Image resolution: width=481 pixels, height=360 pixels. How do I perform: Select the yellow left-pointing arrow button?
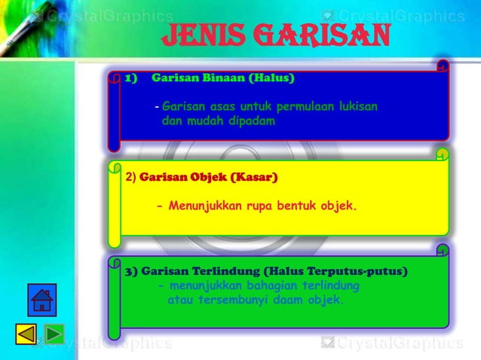point(26,334)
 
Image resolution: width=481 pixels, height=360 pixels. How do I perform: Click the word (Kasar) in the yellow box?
point(255,178)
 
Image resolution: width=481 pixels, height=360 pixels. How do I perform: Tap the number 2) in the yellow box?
point(130,178)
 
